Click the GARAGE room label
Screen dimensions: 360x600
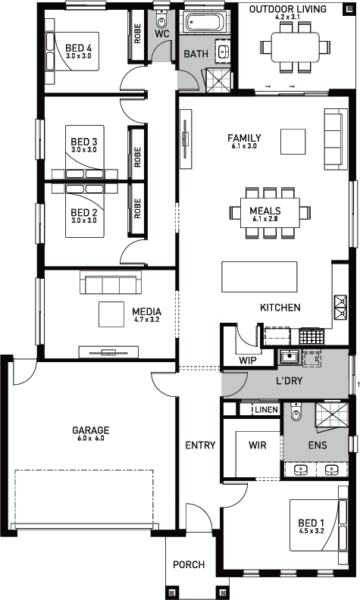(91, 430)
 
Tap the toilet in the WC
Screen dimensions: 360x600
(162, 19)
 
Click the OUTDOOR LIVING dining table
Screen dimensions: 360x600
(296, 47)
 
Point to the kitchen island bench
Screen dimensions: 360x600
(260, 277)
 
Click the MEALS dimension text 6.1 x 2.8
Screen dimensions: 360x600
(265, 219)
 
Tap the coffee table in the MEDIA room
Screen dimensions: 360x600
(111, 314)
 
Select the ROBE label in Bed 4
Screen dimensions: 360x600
(137, 33)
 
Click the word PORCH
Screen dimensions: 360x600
(189, 564)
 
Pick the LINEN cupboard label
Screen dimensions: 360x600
(266, 410)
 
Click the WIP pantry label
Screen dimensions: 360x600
(248, 361)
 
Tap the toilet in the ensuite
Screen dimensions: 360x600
(296, 411)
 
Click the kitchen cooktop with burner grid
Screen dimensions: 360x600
(311, 336)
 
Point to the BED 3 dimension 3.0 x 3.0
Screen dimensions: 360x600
(84, 149)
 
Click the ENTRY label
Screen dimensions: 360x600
(200, 445)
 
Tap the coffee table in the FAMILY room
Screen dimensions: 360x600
(293, 142)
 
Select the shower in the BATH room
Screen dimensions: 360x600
(219, 80)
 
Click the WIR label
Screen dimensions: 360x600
(258, 445)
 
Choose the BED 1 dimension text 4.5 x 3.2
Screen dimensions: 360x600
(311, 531)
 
